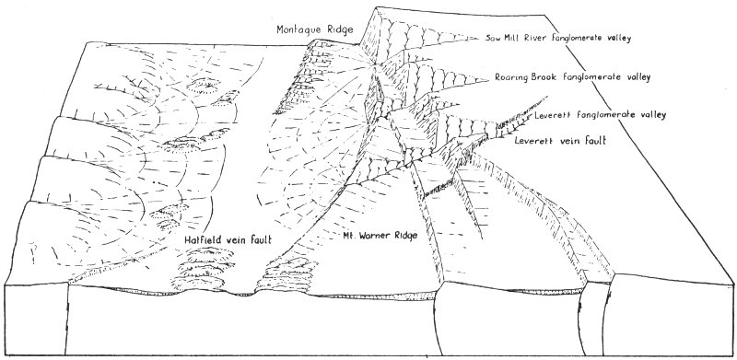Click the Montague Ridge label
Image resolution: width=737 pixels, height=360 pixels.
tap(314, 29)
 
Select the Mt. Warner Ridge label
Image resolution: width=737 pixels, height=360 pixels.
tap(380, 236)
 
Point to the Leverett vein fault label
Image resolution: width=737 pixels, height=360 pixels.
tap(560, 140)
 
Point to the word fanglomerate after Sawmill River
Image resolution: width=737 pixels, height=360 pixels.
tap(578, 39)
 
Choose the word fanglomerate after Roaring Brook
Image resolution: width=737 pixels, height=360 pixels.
tap(593, 77)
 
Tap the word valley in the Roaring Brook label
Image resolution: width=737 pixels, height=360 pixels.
tap(638, 77)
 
